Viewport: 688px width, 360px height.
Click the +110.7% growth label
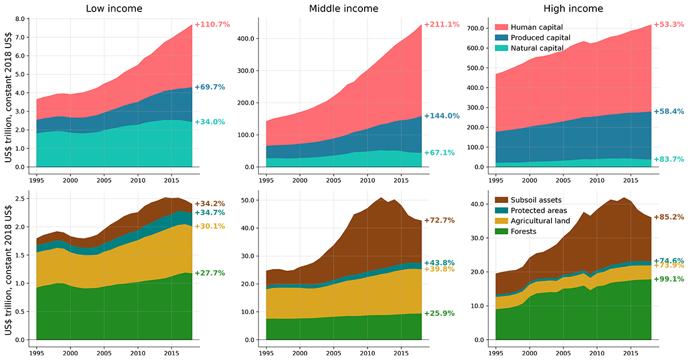tap(212, 25)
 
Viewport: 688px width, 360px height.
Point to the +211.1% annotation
tap(441, 25)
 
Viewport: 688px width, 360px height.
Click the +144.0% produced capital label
tap(441, 116)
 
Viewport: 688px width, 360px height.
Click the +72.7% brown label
tap(439, 220)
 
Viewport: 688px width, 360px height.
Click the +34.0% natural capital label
tap(210, 122)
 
